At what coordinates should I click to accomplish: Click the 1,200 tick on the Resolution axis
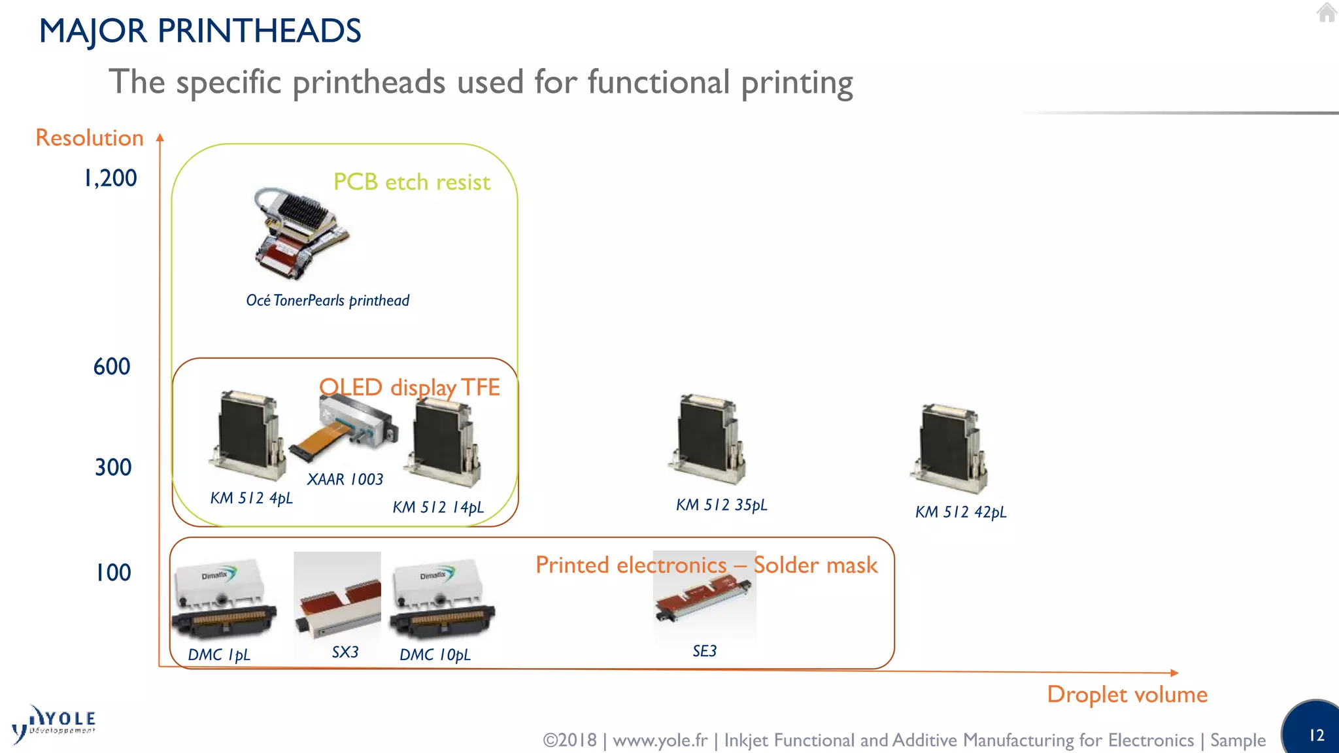pyautogui.click(x=110, y=178)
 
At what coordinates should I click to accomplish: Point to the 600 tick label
pyautogui.click(x=112, y=367)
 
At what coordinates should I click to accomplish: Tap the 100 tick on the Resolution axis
pyautogui.click(x=113, y=573)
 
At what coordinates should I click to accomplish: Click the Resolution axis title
pyautogui.click(x=90, y=138)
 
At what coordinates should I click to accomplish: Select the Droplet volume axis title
pyautogui.click(x=1127, y=694)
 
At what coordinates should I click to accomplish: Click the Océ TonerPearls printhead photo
pyautogui.click(x=300, y=233)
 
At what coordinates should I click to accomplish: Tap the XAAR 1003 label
pyautogui.click(x=345, y=480)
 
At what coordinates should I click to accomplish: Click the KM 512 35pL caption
pyautogui.click(x=721, y=505)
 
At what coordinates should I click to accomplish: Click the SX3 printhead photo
pyautogui.click(x=337, y=595)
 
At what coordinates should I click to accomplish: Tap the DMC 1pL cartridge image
pyautogui.click(x=223, y=599)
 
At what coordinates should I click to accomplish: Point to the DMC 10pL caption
pyautogui.click(x=435, y=655)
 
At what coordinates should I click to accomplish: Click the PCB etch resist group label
pyautogui.click(x=411, y=182)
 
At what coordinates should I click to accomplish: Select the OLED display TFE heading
pyautogui.click(x=409, y=388)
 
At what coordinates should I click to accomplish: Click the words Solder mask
pyautogui.click(x=815, y=565)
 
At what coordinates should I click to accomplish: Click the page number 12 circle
pyautogui.click(x=1314, y=731)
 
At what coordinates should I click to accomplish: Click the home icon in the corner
pyautogui.click(x=1327, y=12)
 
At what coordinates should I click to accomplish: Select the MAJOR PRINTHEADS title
pyautogui.click(x=200, y=31)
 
